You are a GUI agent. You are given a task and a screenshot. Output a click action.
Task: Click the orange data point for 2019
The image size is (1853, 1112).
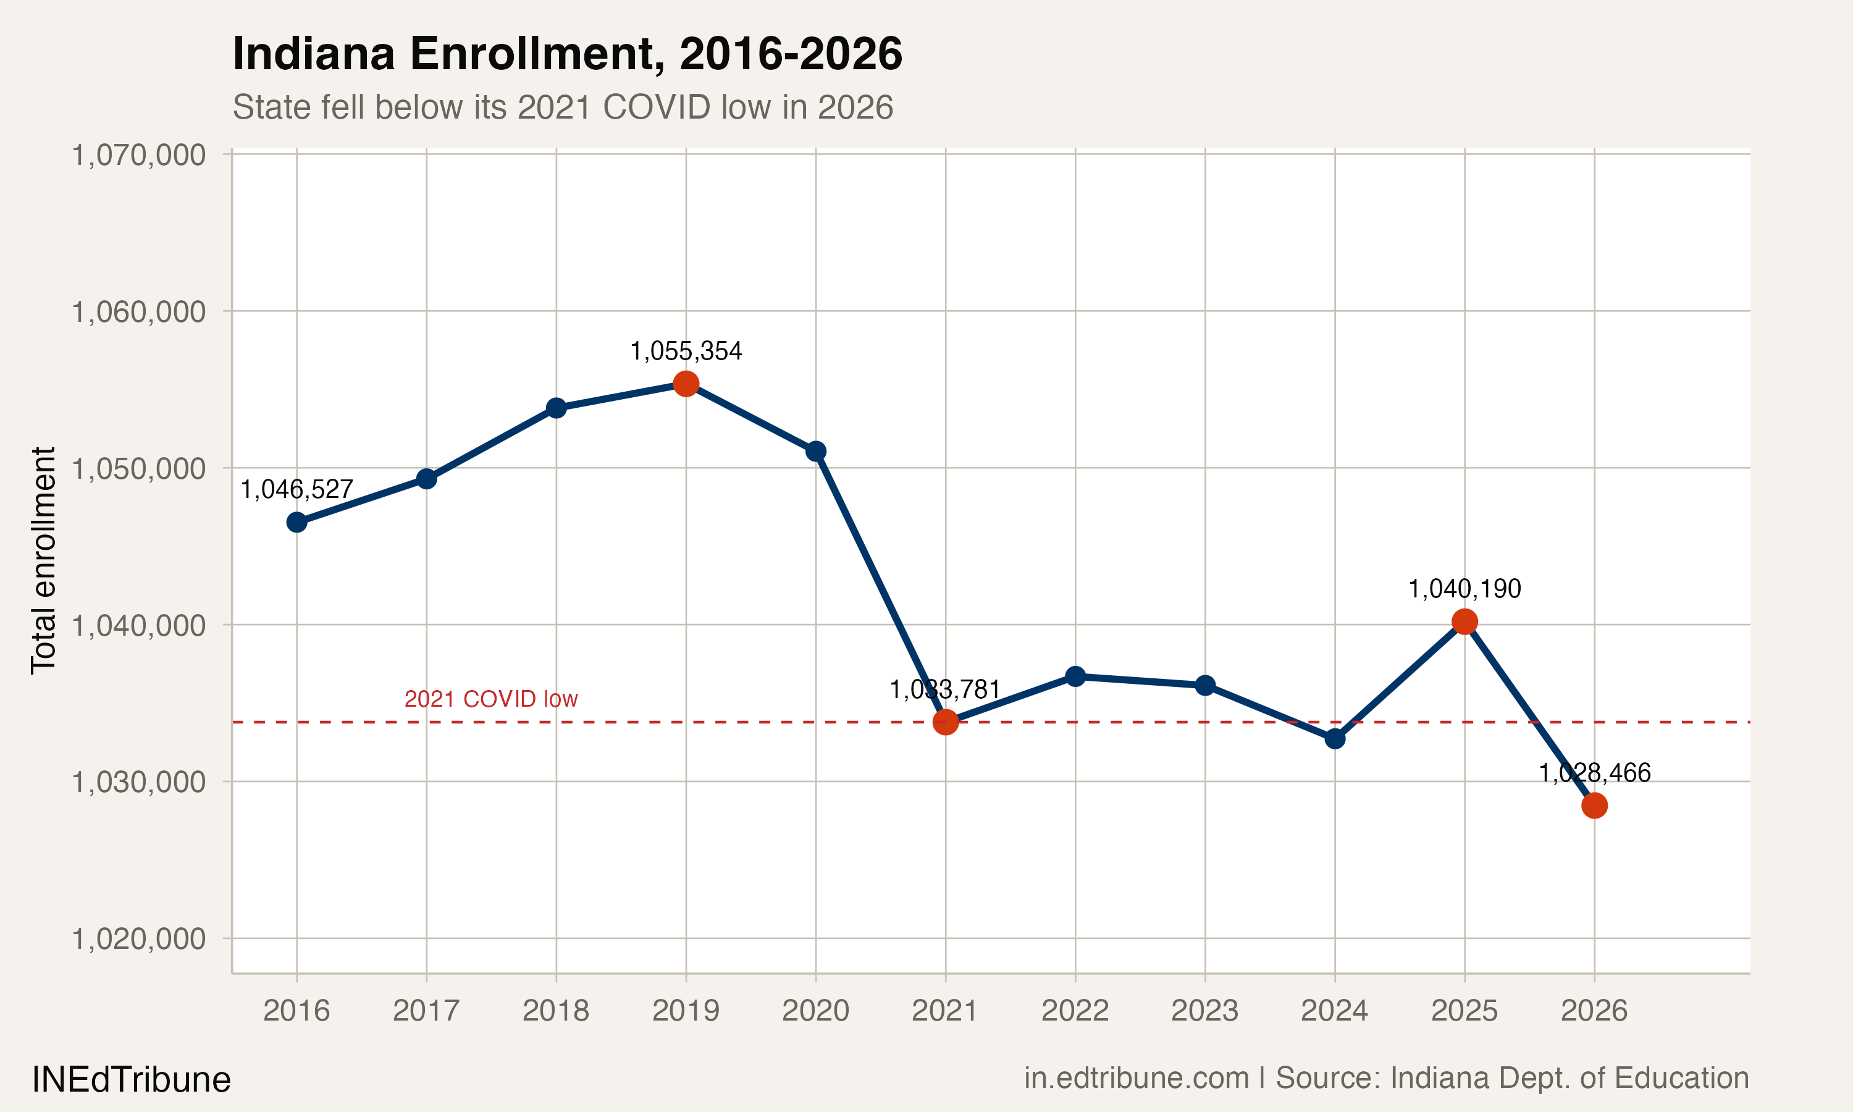686,384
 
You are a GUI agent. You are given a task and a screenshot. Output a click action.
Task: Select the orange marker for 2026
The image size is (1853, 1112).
1594,806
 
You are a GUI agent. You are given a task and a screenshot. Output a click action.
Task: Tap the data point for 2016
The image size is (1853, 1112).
296,522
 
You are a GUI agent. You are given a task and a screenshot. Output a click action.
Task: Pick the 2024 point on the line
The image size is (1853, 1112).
1335,739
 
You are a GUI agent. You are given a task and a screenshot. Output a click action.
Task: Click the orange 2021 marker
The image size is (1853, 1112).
945,722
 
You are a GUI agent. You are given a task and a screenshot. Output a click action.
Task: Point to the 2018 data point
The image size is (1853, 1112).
556,408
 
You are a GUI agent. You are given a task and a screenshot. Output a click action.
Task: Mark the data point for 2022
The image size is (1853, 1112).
1075,676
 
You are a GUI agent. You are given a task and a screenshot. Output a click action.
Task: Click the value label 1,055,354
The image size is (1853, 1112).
686,351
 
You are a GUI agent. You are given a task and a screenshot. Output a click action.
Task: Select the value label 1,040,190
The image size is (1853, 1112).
1464,589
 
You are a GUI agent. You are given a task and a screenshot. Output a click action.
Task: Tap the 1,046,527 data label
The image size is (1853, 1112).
296,489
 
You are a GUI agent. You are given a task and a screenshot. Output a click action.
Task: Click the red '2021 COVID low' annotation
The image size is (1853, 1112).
490,699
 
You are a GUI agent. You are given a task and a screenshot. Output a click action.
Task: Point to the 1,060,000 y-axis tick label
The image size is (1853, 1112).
138,312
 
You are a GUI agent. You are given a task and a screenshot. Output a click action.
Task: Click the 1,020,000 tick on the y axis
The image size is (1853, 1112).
138,938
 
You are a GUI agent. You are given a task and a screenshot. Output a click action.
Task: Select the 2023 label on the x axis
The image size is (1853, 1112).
1204,1011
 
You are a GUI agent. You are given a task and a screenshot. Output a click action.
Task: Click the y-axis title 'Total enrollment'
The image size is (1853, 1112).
43,560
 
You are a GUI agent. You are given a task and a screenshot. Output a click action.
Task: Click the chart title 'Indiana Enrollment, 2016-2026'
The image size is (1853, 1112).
567,54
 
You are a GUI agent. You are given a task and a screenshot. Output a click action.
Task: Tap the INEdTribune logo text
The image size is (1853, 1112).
131,1080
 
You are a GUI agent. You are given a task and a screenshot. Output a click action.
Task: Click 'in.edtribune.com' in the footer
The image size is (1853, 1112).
1137,1078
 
